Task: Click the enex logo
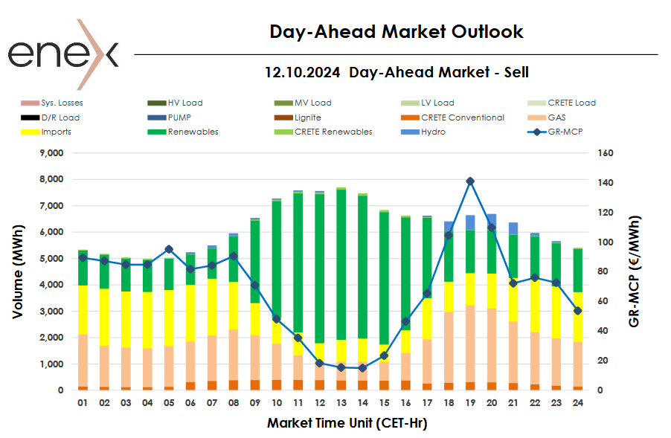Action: (x=62, y=54)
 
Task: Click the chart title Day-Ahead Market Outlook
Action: (x=396, y=32)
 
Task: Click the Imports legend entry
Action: (x=57, y=132)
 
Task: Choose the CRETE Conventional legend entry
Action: (x=462, y=117)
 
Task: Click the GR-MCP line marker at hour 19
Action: (x=470, y=181)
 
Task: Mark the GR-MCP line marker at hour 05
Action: (x=169, y=249)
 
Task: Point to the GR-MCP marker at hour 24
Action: (x=578, y=311)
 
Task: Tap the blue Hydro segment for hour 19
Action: (x=470, y=222)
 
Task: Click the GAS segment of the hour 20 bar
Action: (x=492, y=345)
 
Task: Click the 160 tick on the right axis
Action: (x=604, y=153)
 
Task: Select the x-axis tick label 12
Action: (x=319, y=403)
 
